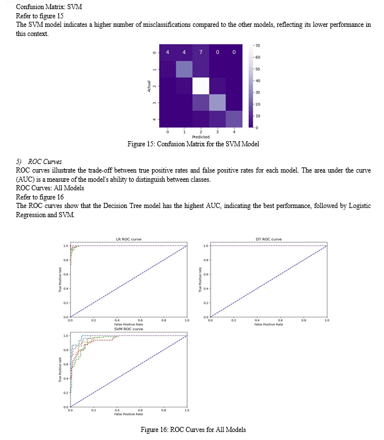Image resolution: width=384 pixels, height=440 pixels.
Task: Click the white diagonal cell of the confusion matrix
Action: pyautogui.click(x=201, y=86)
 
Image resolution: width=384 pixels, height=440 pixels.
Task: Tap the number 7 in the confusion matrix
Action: pyautogui.click(x=201, y=53)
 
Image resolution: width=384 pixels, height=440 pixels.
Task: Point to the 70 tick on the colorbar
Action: pyautogui.click(x=258, y=45)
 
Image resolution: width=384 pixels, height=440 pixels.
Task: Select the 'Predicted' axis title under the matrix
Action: pyautogui.click(x=201, y=137)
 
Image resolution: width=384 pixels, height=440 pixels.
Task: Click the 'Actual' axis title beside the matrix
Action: pyautogui.click(x=149, y=86)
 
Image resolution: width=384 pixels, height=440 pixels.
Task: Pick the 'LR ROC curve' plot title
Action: pyautogui.click(x=129, y=239)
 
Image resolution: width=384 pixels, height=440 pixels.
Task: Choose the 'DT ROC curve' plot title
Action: pyautogui.click(x=268, y=239)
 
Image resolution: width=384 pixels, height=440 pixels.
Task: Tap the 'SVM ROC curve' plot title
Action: pyautogui.click(x=129, y=329)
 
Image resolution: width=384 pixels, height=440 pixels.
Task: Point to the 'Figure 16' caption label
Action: pyautogui.click(x=156, y=429)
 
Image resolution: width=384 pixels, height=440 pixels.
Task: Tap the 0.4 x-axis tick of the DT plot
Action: pyautogui.click(x=257, y=321)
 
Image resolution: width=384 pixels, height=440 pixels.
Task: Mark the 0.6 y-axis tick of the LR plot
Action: pyautogui.click(x=65, y=274)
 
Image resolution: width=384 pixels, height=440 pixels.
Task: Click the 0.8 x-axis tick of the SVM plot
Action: pyautogui.click(x=164, y=410)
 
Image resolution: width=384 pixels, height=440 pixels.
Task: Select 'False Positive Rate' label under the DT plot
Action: pyautogui.click(x=268, y=324)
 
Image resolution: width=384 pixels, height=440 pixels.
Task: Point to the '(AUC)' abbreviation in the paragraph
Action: pyautogui.click(x=24, y=179)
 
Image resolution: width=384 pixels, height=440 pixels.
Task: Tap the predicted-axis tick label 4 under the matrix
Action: pyautogui.click(x=235, y=132)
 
